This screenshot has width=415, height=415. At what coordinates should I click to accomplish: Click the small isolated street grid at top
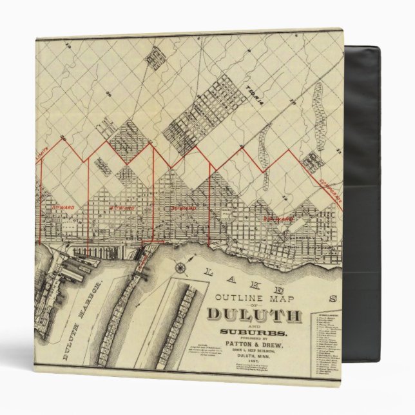point(156,57)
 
